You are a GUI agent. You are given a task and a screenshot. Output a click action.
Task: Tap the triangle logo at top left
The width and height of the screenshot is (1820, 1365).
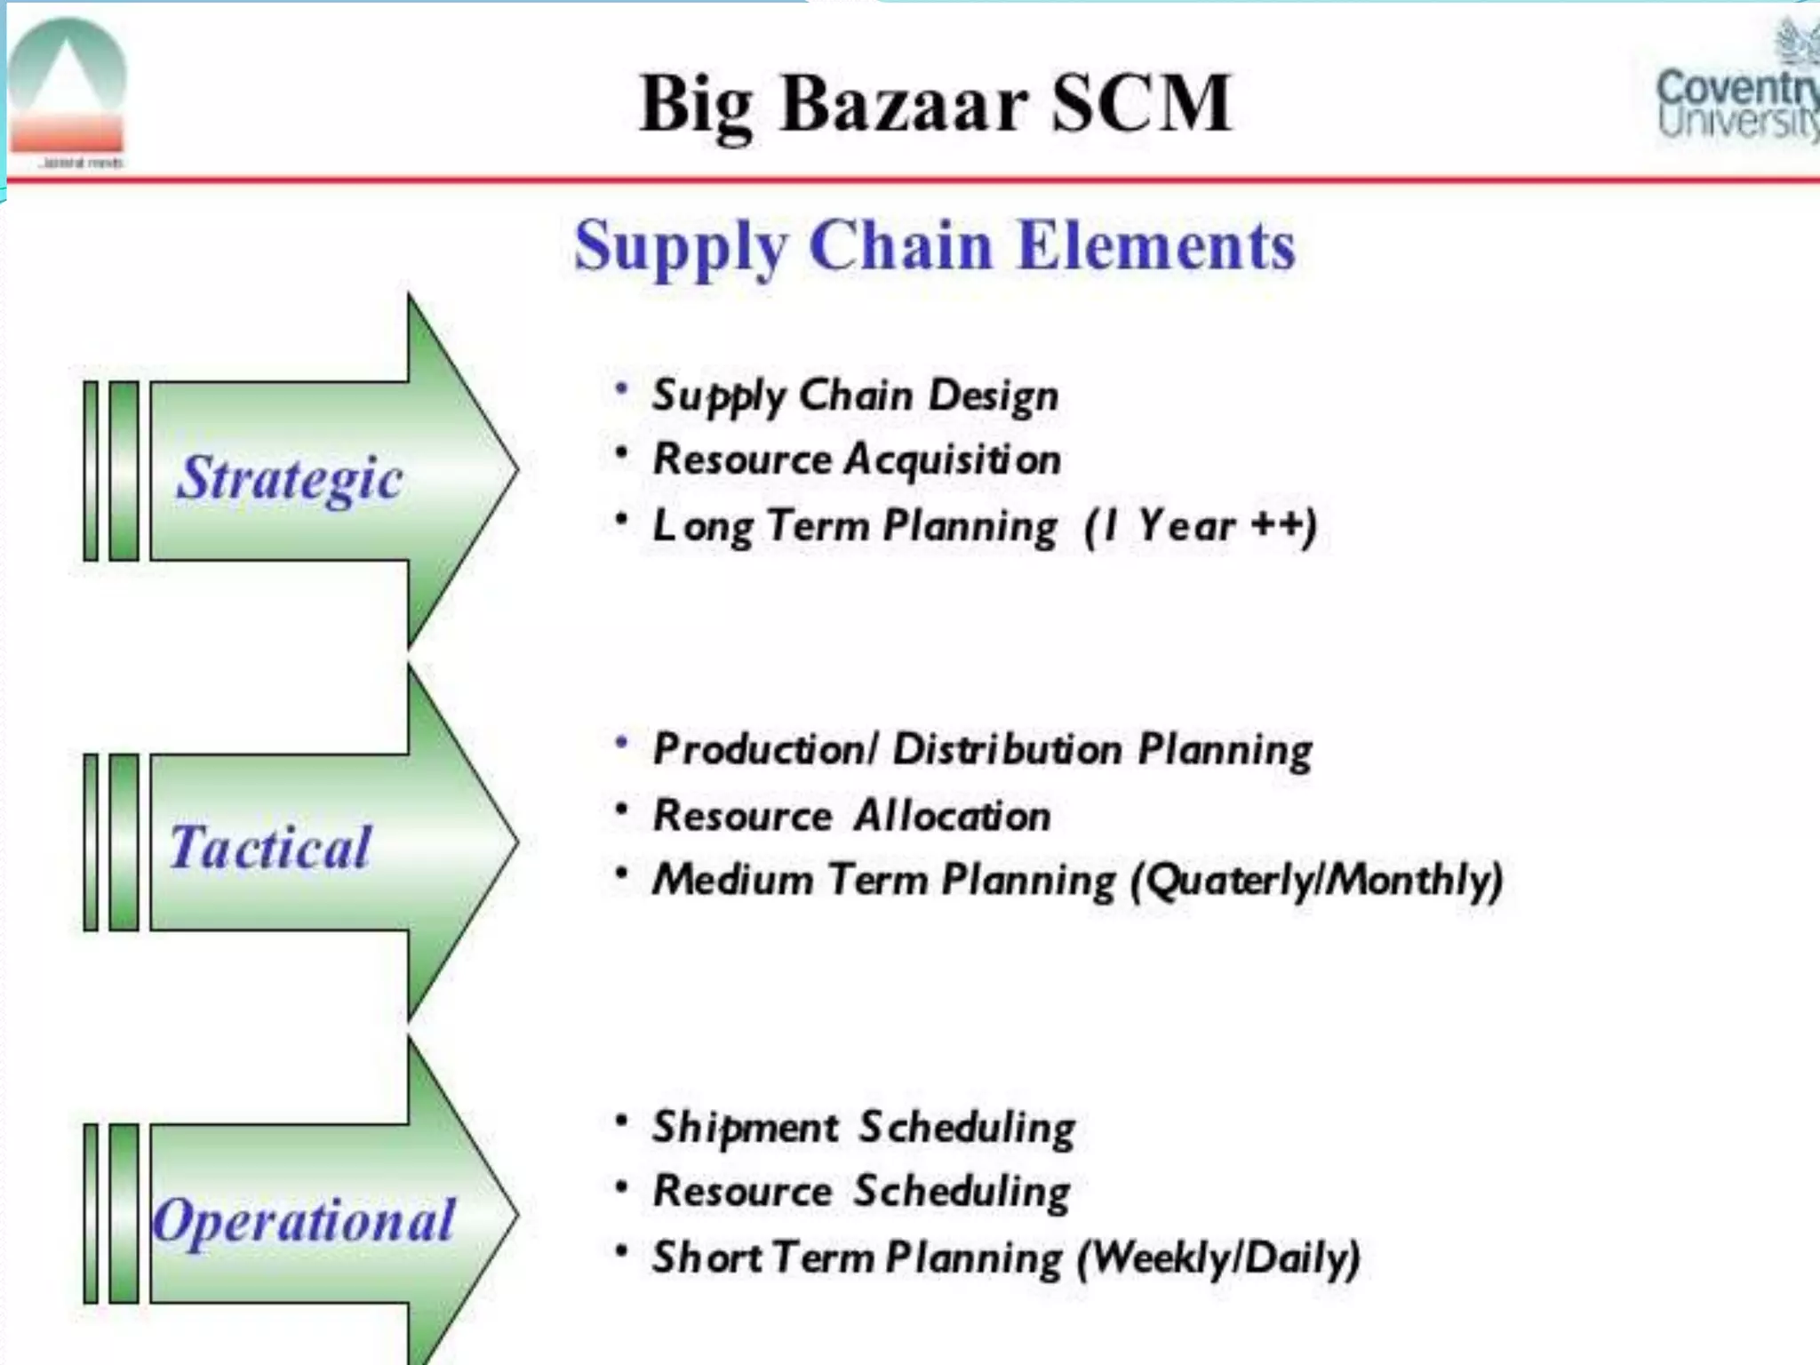(x=67, y=89)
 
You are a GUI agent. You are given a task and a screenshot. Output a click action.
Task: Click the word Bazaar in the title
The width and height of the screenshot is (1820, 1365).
(x=904, y=105)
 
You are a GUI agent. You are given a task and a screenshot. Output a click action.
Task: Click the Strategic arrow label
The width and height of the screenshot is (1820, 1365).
(x=290, y=478)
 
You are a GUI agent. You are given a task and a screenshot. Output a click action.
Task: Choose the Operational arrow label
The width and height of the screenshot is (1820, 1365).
(x=303, y=1220)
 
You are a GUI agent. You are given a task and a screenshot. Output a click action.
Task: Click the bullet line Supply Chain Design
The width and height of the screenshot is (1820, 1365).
(x=855, y=395)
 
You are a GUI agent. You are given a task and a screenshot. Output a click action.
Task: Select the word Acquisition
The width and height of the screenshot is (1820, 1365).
(x=952, y=459)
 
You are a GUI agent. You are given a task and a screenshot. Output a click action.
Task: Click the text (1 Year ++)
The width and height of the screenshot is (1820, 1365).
(x=1200, y=525)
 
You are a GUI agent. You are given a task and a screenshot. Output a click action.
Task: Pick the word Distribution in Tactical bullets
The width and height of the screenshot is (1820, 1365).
(x=1007, y=748)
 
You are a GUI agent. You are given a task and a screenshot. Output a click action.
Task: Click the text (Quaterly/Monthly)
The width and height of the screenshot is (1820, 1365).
(x=1316, y=881)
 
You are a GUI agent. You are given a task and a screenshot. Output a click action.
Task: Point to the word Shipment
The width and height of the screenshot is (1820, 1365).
(x=745, y=1127)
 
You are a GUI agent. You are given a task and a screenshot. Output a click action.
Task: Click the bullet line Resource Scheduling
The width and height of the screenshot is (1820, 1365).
(x=861, y=1192)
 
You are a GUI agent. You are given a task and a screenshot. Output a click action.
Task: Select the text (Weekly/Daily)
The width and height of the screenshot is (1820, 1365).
(x=1218, y=1257)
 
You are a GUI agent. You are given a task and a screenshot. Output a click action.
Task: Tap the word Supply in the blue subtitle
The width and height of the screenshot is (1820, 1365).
(x=681, y=247)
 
